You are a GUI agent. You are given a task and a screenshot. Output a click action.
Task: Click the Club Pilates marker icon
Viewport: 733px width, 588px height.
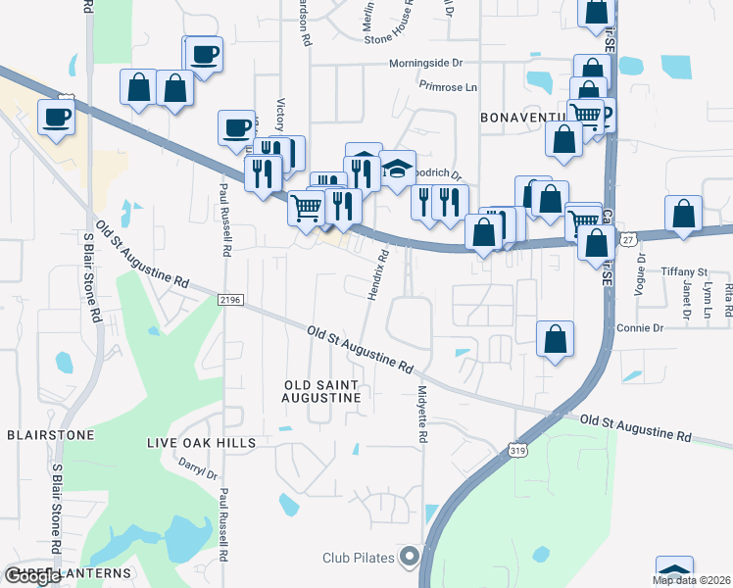pyautogui.click(x=411, y=558)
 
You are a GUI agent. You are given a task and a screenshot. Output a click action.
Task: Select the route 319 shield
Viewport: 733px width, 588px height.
pyautogui.click(x=518, y=449)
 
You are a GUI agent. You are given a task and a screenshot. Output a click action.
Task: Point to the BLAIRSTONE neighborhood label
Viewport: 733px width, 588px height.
pyautogui.click(x=50, y=434)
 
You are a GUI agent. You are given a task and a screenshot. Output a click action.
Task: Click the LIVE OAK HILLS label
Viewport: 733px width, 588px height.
pyautogui.click(x=201, y=443)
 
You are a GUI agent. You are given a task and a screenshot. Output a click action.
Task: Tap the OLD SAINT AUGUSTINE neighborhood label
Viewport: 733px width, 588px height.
pyautogui.click(x=322, y=391)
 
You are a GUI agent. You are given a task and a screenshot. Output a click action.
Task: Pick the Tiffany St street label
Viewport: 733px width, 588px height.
pyautogui.click(x=684, y=271)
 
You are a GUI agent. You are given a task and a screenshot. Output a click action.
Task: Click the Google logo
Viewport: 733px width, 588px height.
pyautogui.click(x=32, y=576)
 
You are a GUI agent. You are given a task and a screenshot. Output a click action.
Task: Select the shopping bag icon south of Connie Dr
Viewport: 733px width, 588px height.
pyautogui.click(x=555, y=339)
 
